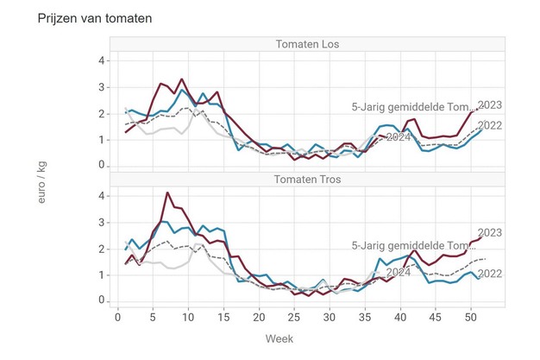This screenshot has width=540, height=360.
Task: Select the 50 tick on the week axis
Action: (470, 317)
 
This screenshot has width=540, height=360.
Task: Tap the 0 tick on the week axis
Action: (118, 317)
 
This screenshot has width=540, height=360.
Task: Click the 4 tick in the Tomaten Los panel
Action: (102, 60)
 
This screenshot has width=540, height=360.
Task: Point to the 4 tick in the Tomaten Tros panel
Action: (102, 196)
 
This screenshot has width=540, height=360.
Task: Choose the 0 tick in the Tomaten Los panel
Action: (102, 165)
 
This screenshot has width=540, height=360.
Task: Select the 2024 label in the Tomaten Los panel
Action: (398, 137)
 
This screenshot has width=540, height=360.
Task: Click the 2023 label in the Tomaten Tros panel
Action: (489, 233)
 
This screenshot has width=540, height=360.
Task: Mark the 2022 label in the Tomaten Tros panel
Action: (489, 274)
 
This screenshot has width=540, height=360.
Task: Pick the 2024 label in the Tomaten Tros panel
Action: (398, 273)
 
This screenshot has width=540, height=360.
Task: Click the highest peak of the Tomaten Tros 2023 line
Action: (167, 193)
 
